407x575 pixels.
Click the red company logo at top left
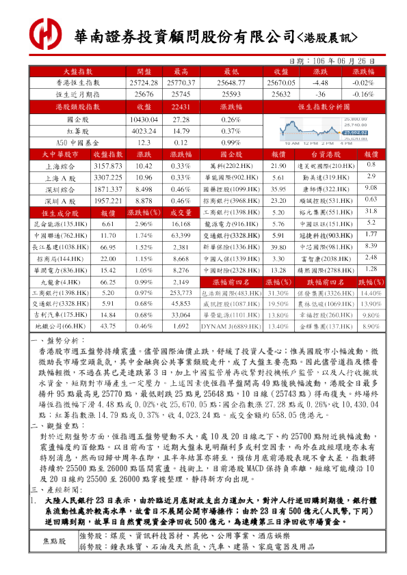(47, 33)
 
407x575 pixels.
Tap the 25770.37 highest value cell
(181, 82)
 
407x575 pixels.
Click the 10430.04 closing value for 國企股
(144, 119)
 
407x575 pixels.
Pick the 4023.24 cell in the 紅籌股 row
(144, 130)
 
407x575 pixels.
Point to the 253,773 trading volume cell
(181, 292)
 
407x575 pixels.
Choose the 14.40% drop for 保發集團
(371, 292)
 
